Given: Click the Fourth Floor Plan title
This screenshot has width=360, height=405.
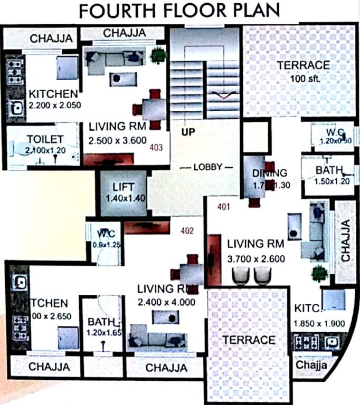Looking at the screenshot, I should [180, 10].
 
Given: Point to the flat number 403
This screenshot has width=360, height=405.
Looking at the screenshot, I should [156, 148].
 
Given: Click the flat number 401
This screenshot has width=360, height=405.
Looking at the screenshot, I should [224, 207].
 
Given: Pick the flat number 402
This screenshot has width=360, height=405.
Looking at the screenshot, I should [187, 230].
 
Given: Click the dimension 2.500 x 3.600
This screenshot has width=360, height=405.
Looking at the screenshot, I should [117, 141].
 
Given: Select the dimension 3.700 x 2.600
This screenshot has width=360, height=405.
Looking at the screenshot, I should [256, 258].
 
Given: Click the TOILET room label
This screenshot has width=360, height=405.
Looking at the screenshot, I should [31, 140].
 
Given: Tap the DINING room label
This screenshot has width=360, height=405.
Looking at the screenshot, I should [269, 172].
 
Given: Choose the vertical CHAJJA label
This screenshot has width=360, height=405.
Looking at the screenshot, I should [346, 242].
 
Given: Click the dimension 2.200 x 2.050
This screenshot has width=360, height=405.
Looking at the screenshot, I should [55, 105].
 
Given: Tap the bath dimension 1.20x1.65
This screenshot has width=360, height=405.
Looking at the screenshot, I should [105, 333].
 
